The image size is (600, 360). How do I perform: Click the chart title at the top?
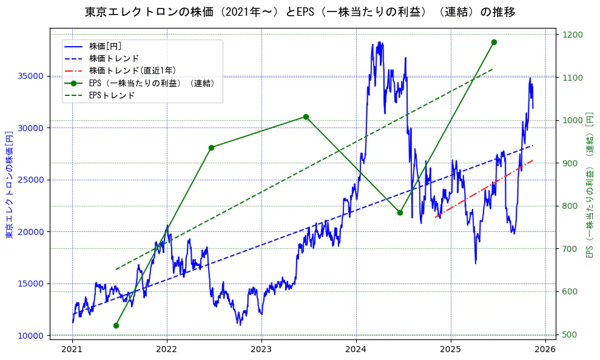pos(300,12)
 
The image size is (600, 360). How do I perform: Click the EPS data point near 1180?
pos(494,42)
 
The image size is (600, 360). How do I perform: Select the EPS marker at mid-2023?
pos(306,117)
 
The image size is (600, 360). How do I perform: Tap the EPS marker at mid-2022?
pos(211,148)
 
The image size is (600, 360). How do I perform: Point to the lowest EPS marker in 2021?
pos(116,325)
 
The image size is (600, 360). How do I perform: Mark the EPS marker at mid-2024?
pos(400,212)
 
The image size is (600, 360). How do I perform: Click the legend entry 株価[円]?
pos(106,46)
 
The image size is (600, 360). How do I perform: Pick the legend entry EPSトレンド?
pos(112,95)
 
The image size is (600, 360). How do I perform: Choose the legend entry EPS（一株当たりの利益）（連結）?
pos(152,83)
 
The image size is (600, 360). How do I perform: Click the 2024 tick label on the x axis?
pos(356,349)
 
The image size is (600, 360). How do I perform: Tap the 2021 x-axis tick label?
pos(72,349)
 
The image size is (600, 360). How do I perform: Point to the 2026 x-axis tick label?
pos(545,349)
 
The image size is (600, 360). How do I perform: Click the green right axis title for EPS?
pos(589,185)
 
